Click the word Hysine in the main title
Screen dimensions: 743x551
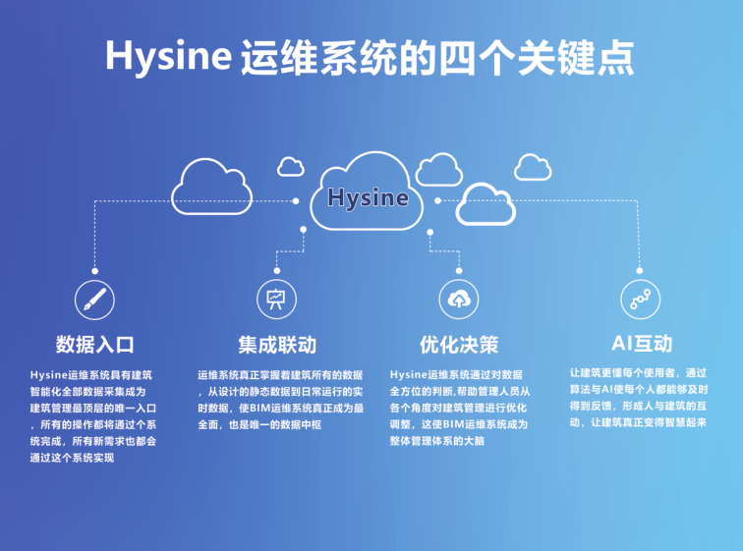pyautogui.click(x=169, y=57)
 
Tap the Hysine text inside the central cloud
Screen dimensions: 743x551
pyautogui.click(x=368, y=197)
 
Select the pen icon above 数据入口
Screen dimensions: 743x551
pyautogui.click(x=94, y=300)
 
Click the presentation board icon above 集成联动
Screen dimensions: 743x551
pyautogui.click(x=277, y=300)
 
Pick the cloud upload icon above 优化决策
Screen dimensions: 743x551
pyautogui.click(x=459, y=300)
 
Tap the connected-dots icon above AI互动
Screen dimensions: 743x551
pyautogui.click(x=641, y=300)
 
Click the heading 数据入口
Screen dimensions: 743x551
pyautogui.click(x=94, y=344)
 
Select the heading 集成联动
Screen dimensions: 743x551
pyautogui.click(x=277, y=344)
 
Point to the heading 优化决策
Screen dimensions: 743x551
pyautogui.click(x=459, y=344)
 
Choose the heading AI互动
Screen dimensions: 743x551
pyautogui.click(x=642, y=343)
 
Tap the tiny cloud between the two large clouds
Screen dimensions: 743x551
pyautogui.click(x=291, y=167)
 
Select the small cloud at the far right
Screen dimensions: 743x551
pyautogui.click(x=533, y=167)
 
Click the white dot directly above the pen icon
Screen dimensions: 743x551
pyautogui.click(x=94, y=271)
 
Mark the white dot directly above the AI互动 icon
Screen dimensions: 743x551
pyautogui.click(x=640, y=271)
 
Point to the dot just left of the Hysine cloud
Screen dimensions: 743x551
pyautogui.click(x=296, y=201)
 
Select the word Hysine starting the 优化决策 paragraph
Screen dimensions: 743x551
pyautogui.click(x=409, y=375)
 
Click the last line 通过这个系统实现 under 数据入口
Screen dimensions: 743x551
pyautogui.click(x=72, y=458)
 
